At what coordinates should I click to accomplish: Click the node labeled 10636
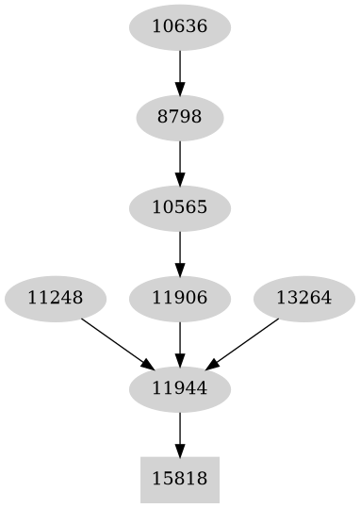(x=179, y=26)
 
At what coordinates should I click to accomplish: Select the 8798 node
(x=179, y=117)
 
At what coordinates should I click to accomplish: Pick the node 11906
(x=179, y=298)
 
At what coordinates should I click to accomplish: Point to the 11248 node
(x=55, y=298)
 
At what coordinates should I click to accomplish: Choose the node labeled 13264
(x=303, y=298)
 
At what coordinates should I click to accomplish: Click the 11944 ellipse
(x=179, y=387)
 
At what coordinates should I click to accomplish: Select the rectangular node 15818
(x=179, y=479)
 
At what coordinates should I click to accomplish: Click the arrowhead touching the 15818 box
(x=179, y=450)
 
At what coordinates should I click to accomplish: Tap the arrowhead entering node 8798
(x=179, y=88)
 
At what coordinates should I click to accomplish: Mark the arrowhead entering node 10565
(x=179, y=178)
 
